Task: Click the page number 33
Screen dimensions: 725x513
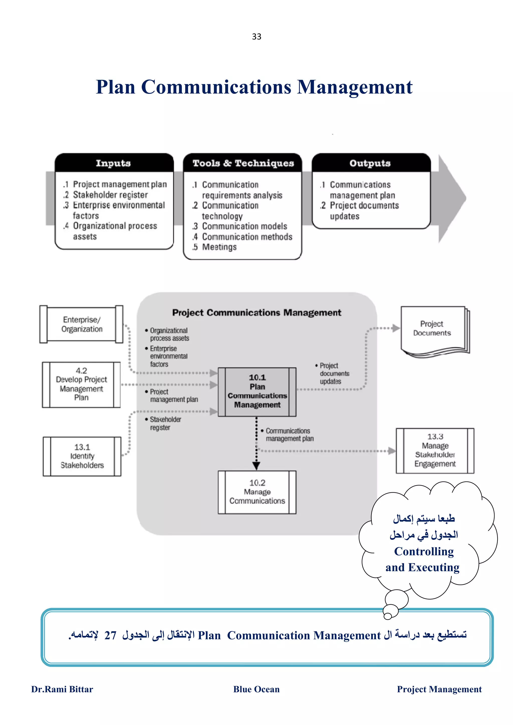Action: pos(256,37)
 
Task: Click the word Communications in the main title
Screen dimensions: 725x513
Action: pos(216,87)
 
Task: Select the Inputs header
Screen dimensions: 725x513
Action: pos(113,163)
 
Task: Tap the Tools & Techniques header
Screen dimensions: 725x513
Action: pos(243,163)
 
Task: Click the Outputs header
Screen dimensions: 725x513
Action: pos(370,163)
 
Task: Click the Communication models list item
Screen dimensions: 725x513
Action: pos(244,226)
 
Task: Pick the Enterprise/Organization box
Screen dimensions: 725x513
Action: pos(82,324)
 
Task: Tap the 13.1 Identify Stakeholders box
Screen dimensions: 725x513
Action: pos(82,456)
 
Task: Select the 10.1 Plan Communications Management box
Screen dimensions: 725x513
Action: pos(257,392)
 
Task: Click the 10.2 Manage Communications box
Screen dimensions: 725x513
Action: pos(257,492)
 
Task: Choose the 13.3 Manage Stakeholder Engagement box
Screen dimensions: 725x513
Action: pos(435,450)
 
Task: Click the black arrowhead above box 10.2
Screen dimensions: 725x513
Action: pos(256,465)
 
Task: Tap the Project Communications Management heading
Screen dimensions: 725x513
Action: pos(257,313)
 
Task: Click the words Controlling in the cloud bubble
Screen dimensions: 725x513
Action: pos(424,552)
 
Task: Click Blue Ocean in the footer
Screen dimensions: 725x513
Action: pos(256,689)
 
